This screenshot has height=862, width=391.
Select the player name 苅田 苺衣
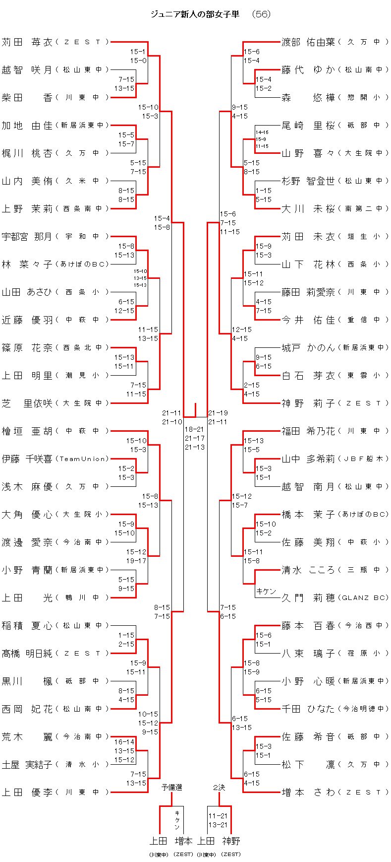[27, 42]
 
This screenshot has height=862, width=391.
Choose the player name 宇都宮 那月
[27, 237]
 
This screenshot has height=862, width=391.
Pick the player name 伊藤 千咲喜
[27, 459]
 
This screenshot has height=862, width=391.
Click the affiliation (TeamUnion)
[82, 459]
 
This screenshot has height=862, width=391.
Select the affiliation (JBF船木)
[364, 459]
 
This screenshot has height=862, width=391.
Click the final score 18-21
[194, 429]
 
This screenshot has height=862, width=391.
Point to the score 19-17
[136, 561]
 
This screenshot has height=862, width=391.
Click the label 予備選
[171, 788]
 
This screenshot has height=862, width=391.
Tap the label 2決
[219, 788]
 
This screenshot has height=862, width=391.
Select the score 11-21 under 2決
[218, 816]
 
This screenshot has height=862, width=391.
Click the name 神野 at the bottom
[231, 841]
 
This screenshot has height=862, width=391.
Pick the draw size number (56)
[261, 14]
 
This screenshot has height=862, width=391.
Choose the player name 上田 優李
[27, 793]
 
